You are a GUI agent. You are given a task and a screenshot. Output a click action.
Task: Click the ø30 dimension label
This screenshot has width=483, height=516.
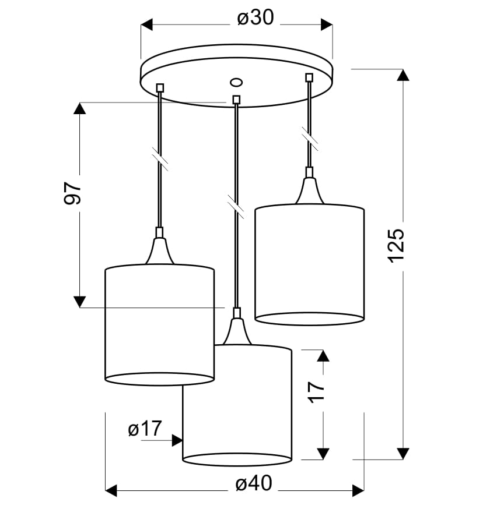pyautogui.click(x=255, y=19)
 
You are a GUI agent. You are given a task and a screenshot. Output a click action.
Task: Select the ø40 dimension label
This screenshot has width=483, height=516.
pyautogui.click(x=255, y=484)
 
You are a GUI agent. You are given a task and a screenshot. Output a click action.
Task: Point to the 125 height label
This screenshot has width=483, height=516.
pyautogui.click(x=395, y=245)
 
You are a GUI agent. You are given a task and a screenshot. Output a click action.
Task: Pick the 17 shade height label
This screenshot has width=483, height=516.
pyautogui.click(x=315, y=391)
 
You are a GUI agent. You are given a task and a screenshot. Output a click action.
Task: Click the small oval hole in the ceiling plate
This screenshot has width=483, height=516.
pyautogui.click(x=236, y=82)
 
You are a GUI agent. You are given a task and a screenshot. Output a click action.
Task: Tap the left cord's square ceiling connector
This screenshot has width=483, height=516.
pyautogui.click(x=160, y=88)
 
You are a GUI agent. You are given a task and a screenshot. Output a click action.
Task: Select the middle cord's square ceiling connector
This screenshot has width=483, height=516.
pyautogui.click(x=236, y=100)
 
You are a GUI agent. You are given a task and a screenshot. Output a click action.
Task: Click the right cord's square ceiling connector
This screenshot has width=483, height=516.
pyautogui.click(x=309, y=77)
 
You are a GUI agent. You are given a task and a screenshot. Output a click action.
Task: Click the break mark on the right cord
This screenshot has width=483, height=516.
pyautogui.click(x=310, y=140)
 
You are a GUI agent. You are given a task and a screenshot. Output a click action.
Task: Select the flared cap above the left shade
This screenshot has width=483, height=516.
pyautogui.click(x=159, y=250)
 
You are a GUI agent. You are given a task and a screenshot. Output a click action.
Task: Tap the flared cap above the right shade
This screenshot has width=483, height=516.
pyautogui.click(x=309, y=189)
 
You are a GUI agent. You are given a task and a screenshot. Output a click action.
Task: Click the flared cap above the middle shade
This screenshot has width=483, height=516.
pyautogui.click(x=236, y=331)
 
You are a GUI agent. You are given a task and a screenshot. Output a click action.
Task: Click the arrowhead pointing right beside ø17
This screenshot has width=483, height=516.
pyautogui.click(x=177, y=440)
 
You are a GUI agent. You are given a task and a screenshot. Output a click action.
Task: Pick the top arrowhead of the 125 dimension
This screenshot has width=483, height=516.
pyautogui.click(x=402, y=75)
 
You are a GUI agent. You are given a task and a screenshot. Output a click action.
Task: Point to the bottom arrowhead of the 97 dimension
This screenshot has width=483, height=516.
pyautogui.click(x=80, y=301)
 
